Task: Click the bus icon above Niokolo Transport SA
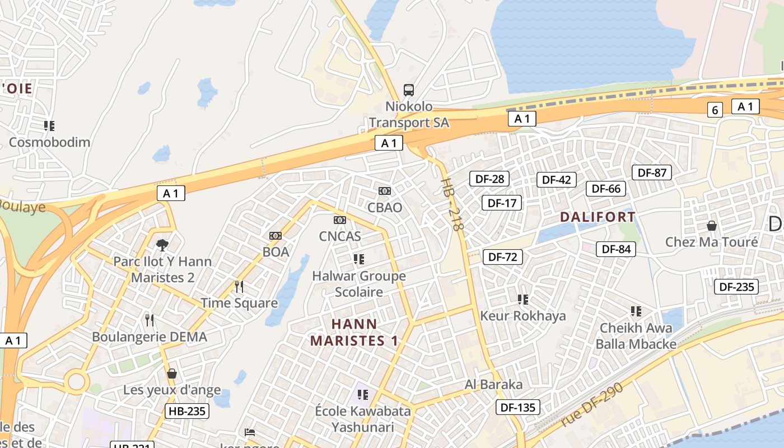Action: coord(409,90)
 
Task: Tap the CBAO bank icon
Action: coord(384,191)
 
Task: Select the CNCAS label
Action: coord(340,236)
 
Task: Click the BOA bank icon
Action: coord(275,236)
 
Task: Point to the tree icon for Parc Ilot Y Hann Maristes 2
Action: coord(162,244)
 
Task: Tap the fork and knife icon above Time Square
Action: coord(239,287)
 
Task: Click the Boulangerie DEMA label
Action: coord(150,337)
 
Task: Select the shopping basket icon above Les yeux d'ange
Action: coord(172,373)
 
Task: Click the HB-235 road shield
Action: coord(187,411)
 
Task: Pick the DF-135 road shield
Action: coord(518,407)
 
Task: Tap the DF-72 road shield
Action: coord(502,257)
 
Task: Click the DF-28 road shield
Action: coord(489,179)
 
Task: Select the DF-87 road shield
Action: coord(652,172)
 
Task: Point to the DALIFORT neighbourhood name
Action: coord(598,217)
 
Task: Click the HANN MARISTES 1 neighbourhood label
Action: coord(354,332)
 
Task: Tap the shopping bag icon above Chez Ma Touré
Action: coord(711,226)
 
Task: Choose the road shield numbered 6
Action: coord(714,110)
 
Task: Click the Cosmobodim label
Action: coord(49,142)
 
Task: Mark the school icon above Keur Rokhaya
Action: coord(522,300)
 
